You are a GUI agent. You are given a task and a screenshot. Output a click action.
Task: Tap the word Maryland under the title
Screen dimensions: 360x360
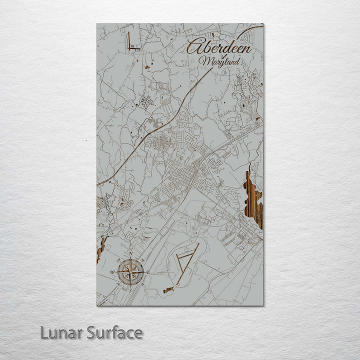pyautogui.click(x=219, y=61)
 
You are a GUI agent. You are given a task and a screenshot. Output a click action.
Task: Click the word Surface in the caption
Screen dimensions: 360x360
pyautogui.click(x=114, y=332)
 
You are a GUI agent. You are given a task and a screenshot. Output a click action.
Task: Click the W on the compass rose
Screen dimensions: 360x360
pyautogui.click(x=113, y=272)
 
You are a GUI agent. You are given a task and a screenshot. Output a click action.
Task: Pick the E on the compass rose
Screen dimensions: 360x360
pyautogui.click(x=148, y=272)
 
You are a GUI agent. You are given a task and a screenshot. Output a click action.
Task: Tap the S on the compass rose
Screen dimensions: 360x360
pyautogui.click(x=131, y=289)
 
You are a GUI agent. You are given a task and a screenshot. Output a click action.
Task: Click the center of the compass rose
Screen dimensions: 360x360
pyautogui.click(x=131, y=272)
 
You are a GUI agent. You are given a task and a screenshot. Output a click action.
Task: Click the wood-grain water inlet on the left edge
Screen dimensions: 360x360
pyautogui.click(x=101, y=248)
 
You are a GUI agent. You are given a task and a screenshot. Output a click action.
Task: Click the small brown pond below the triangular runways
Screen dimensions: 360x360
pyautogui.click(x=168, y=289)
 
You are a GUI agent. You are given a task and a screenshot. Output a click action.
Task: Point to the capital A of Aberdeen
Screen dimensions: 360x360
pyautogui.click(x=194, y=46)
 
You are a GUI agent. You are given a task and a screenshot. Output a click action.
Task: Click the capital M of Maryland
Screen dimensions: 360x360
pyautogui.click(x=203, y=61)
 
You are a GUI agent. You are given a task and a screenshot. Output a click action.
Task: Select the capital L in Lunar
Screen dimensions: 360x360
pyautogui.click(x=44, y=332)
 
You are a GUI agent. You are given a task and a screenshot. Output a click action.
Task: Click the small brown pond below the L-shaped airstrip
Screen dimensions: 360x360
pyautogui.click(x=147, y=66)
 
